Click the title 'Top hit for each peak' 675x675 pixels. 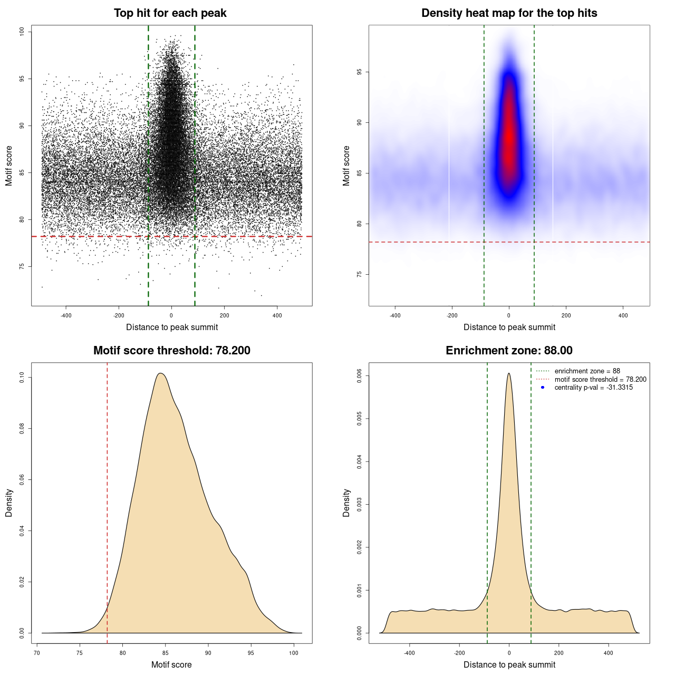coord(170,13)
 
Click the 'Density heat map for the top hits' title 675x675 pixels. coord(509,13)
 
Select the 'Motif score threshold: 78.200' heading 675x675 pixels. coord(171,351)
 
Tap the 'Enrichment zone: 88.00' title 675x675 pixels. coord(509,351)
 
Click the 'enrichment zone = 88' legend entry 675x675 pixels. coord(587,371)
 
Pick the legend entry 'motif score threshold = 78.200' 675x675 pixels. coord(600,379)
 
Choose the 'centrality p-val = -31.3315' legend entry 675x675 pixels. coord(593,388)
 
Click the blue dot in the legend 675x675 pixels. coord(543,388)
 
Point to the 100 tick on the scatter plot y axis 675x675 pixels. coord(22,32)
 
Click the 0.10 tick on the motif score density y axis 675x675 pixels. coord(22,378)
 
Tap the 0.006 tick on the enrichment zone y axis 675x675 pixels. coord(360,376)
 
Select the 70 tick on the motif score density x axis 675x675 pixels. coord(37,653)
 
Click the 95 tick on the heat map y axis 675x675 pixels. coord(360,72)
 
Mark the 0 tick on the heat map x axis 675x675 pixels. coord(509,315)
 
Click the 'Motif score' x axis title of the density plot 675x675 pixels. coord(171,664)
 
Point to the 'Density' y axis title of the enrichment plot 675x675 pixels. coord(346,503)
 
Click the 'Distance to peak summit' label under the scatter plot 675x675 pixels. coord(172,327)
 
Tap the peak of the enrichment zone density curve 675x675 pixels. coord(509,374)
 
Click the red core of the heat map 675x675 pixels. coord(509,142)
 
